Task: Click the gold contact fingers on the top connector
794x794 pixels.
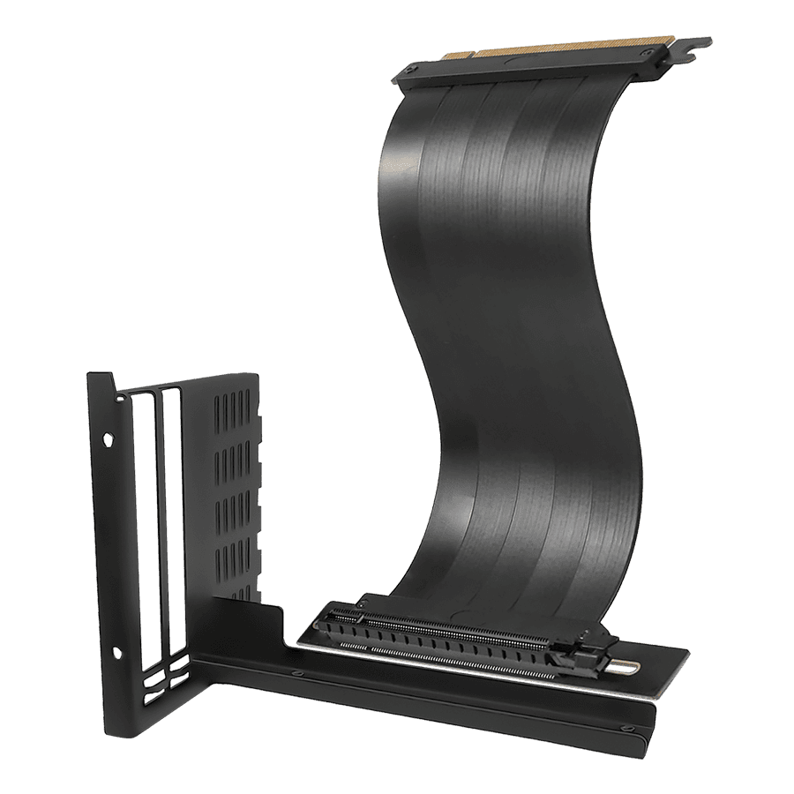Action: [x=529, y=54]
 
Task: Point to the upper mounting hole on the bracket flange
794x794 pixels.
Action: [x=108, y=438]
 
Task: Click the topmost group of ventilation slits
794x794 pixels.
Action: [x=233, y=414]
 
